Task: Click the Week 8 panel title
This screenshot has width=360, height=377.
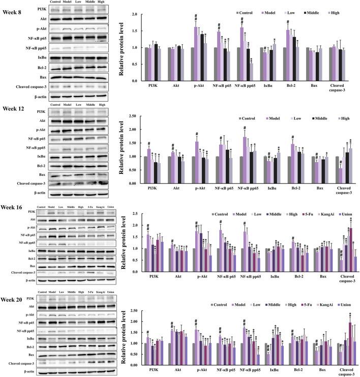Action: [13, 4]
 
